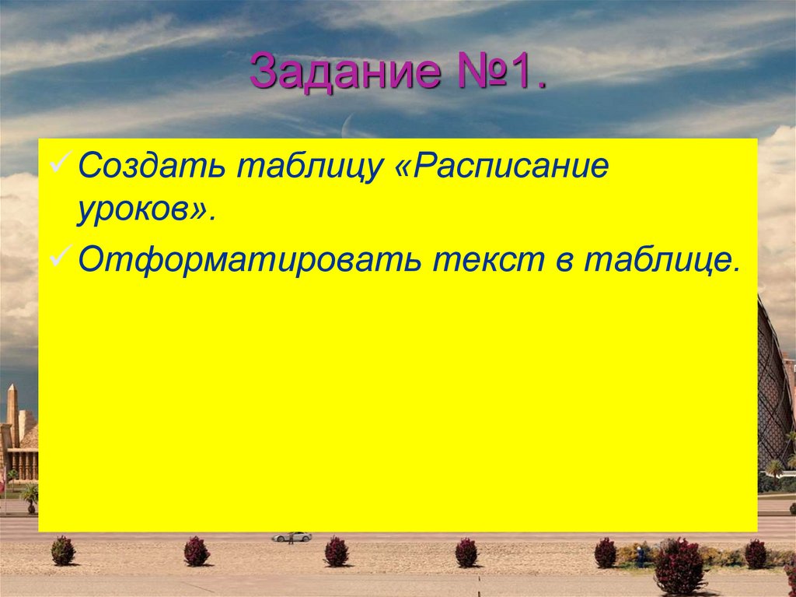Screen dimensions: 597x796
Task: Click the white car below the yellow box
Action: tap(292, 536)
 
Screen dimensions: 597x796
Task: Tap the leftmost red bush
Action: tap(63, 550)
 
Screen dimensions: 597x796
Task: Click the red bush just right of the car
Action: tap(336, 551)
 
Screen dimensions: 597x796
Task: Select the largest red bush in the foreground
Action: tap(679, 566)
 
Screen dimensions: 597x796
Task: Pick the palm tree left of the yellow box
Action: tap(30, 495)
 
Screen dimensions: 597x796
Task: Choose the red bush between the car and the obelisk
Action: tap(196, 551)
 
